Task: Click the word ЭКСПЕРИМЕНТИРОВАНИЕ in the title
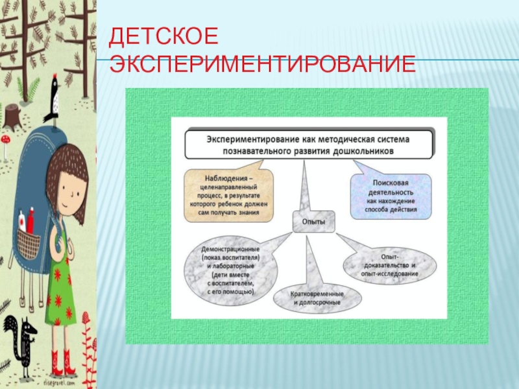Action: [x=262, y=65]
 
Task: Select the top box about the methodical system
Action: [x=309, y=144]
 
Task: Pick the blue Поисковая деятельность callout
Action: [x=391, y=195]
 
